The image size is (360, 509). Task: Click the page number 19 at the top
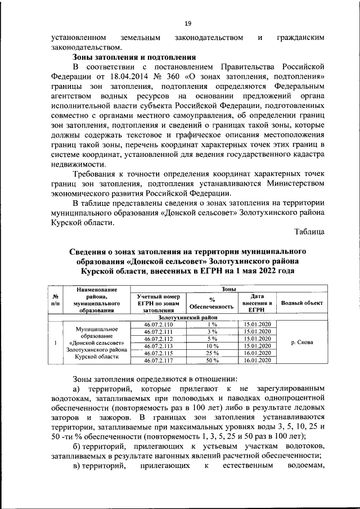coord(188,23)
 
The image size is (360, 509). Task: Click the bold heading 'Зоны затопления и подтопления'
coord(134,57)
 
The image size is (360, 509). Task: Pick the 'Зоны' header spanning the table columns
coord(228,289)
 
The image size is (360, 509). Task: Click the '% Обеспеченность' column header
coord(212,303)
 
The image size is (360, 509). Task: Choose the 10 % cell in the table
coord(212,346)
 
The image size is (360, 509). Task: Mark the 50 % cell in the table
coord(212,359)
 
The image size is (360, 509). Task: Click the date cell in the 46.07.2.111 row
coord(256,332)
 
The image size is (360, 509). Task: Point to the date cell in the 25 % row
coord(256,353)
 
